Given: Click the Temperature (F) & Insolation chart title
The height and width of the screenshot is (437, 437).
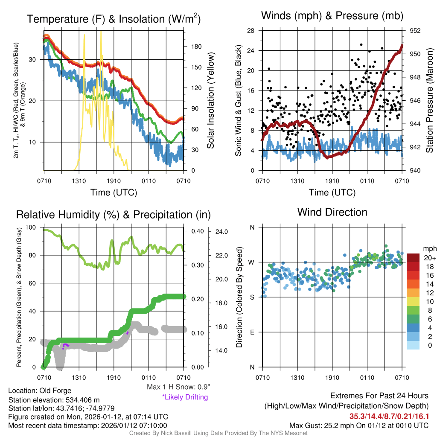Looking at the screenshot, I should [114, 19].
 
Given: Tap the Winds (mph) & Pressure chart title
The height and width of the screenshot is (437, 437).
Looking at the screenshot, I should [332, 16].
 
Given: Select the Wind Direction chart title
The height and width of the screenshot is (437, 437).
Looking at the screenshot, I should [332, 212].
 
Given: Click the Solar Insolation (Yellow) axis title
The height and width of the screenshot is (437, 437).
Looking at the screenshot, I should [211, 101].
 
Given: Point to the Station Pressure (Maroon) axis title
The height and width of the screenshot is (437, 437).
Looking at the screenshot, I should [429, 101].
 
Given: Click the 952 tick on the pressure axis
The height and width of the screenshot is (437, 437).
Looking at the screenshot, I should [415, 31].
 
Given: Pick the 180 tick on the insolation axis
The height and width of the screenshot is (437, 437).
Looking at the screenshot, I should [191, 47].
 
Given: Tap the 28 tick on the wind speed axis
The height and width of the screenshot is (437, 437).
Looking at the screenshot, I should [251, 31].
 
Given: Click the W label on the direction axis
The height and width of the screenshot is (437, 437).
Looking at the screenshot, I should [252, 262].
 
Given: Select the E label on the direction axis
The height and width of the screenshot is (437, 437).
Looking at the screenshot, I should [252, 332].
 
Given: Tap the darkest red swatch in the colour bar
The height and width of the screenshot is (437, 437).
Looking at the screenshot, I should [413, 258].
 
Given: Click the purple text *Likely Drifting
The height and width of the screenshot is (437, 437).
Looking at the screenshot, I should [185, 397].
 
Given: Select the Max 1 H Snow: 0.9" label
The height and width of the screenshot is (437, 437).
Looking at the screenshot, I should [178, 387].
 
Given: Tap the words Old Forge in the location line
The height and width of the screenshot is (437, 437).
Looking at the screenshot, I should [55, 390].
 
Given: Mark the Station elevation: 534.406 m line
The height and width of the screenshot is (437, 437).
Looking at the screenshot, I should [54, 399].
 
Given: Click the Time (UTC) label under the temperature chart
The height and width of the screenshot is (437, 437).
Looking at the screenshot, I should [114, 192].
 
